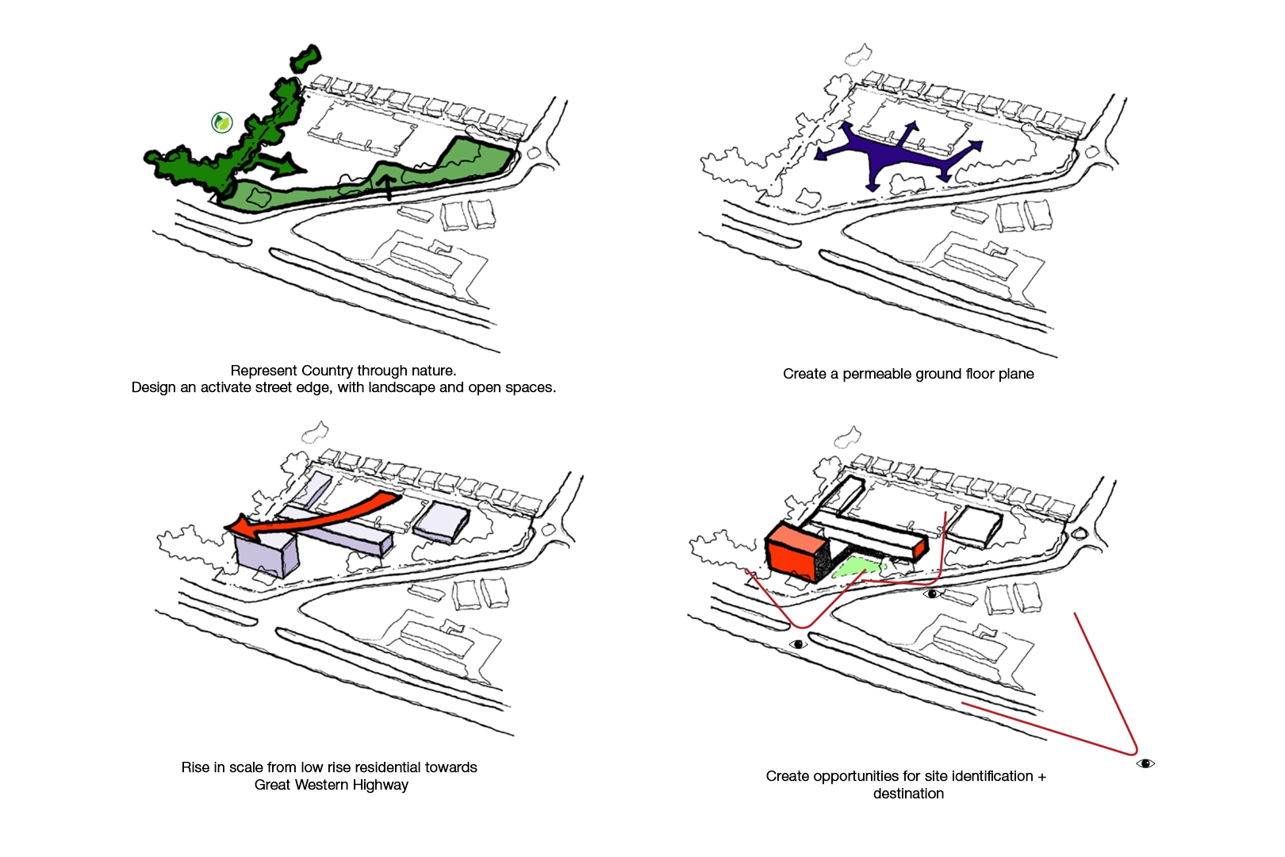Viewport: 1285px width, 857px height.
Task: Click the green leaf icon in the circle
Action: click(222, 122)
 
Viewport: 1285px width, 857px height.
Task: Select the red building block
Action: click(793, 552)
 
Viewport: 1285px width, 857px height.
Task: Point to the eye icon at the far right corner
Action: click(1145, 763)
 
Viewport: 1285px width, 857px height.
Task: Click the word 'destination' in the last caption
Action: click(908, 794)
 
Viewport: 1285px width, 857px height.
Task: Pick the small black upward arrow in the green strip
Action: click(387, 187)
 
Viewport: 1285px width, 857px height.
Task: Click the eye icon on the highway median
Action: click(799, 644)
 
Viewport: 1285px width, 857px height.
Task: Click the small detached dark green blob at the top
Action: click(306, 60)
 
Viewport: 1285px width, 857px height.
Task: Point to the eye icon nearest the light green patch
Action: click(932, 594)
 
